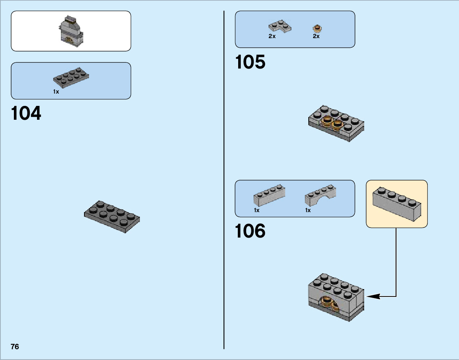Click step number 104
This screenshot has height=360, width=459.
(x=26, y=114)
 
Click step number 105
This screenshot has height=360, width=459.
(x=250, y=62)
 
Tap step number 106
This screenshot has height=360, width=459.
(x=250, y=231)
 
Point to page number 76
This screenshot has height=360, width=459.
(x=15, y=347)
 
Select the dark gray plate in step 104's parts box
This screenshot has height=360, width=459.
(x=71, y=77)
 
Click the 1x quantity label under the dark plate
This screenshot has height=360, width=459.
(x=56, y=92)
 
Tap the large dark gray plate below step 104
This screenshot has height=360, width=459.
(x=112, y=216)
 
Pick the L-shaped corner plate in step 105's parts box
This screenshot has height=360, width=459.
(x=280, y=26)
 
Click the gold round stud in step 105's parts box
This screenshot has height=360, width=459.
(x=317, y=28)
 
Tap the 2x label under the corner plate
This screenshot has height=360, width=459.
(x=272, y=36)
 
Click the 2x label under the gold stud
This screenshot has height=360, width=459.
(x=316, y=36)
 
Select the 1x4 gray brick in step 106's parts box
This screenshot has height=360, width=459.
(x=269, y=195)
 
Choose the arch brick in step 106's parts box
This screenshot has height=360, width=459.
(x=321, y=195)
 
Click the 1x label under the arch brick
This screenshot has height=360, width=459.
(x=308, y=210)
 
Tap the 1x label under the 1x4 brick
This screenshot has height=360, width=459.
(x=257, y=210)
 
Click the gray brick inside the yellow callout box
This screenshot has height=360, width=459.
(x=397, y=204)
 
